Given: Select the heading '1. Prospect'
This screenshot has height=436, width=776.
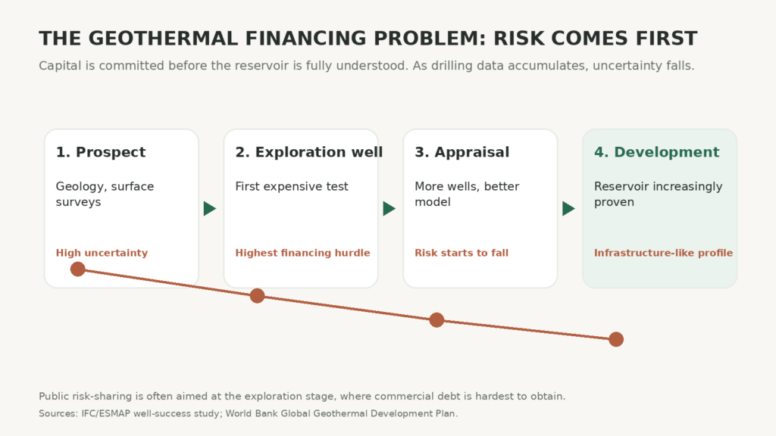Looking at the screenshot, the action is [101, 152].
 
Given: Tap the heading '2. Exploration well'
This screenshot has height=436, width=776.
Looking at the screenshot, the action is [309, 152].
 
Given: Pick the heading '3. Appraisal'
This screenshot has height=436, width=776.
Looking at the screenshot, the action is [462, 152].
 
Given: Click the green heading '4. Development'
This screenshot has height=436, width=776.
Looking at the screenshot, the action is [656, 152].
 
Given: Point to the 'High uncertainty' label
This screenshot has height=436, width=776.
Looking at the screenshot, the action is [102, 253].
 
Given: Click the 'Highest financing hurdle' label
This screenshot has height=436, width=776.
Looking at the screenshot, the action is [302, 253].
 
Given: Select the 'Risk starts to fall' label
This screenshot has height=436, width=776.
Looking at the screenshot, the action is [462, 253].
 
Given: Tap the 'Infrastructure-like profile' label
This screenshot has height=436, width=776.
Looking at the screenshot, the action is [663, 253].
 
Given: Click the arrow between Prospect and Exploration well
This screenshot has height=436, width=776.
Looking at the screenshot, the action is [210, 209].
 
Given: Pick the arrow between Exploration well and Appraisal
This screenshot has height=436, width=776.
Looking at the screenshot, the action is [389, 209].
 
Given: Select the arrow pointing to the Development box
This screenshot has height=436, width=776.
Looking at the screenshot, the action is [568, 209].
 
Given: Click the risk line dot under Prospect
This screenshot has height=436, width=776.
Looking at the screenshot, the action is [78, 269].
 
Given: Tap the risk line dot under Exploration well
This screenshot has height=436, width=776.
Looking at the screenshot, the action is [258, 296].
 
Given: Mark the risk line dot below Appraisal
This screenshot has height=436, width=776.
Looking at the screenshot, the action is [436, 320].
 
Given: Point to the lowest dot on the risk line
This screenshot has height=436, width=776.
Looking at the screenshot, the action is [616, 339].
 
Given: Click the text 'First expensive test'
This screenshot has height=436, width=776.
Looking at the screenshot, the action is [292, 187].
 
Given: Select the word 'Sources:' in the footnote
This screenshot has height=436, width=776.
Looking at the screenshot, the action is [58, 413].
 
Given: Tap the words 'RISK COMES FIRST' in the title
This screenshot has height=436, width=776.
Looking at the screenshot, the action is [595, 39].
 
